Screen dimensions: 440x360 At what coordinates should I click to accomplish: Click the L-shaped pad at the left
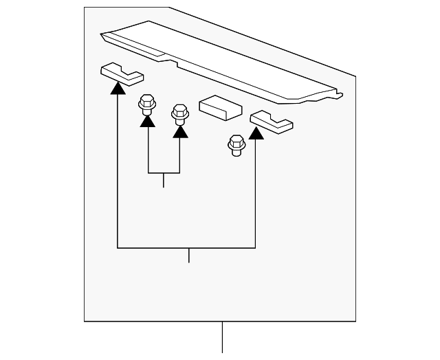pyautogui.click(x=122, y=71)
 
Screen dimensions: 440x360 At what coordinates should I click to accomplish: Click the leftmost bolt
pyautogui.click(x=146, y=104)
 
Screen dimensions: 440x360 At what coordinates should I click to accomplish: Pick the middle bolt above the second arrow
pyautogui.click(x=179, y=113)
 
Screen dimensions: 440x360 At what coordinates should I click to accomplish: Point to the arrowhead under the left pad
pyautogui.click(x=118, y=87)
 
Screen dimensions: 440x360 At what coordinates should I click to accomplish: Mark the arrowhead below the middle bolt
pyautogui.click(x=180, y=131)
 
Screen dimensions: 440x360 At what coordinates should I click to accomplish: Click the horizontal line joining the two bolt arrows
pyautogui.click(x=164, y=172)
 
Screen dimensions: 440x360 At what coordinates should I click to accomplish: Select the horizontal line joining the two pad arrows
pyautogui.click(x=187, y=247)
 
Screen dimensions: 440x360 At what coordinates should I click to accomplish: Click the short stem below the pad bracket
pyautogui.click(x=188, y=255)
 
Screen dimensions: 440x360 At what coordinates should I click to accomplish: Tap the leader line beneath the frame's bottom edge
pyautogui.click(x=222, y=337)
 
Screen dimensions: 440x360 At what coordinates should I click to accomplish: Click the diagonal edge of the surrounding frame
pyautogui.click(x=261, y=41)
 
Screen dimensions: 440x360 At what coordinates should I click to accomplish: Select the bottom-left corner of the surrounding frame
pyautogui.click(x=85, y=321)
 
